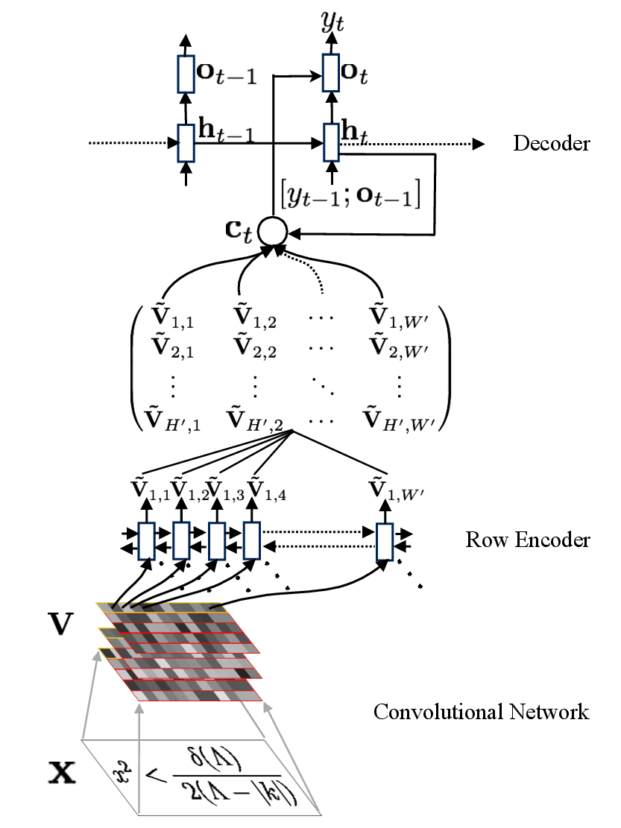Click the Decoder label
click(551, 143)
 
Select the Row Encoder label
click(528, 539)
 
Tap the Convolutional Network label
click(481, 712)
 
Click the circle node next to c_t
click(271, 233)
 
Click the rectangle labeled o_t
click(332, 72)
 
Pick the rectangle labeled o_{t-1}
click(186, 72)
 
